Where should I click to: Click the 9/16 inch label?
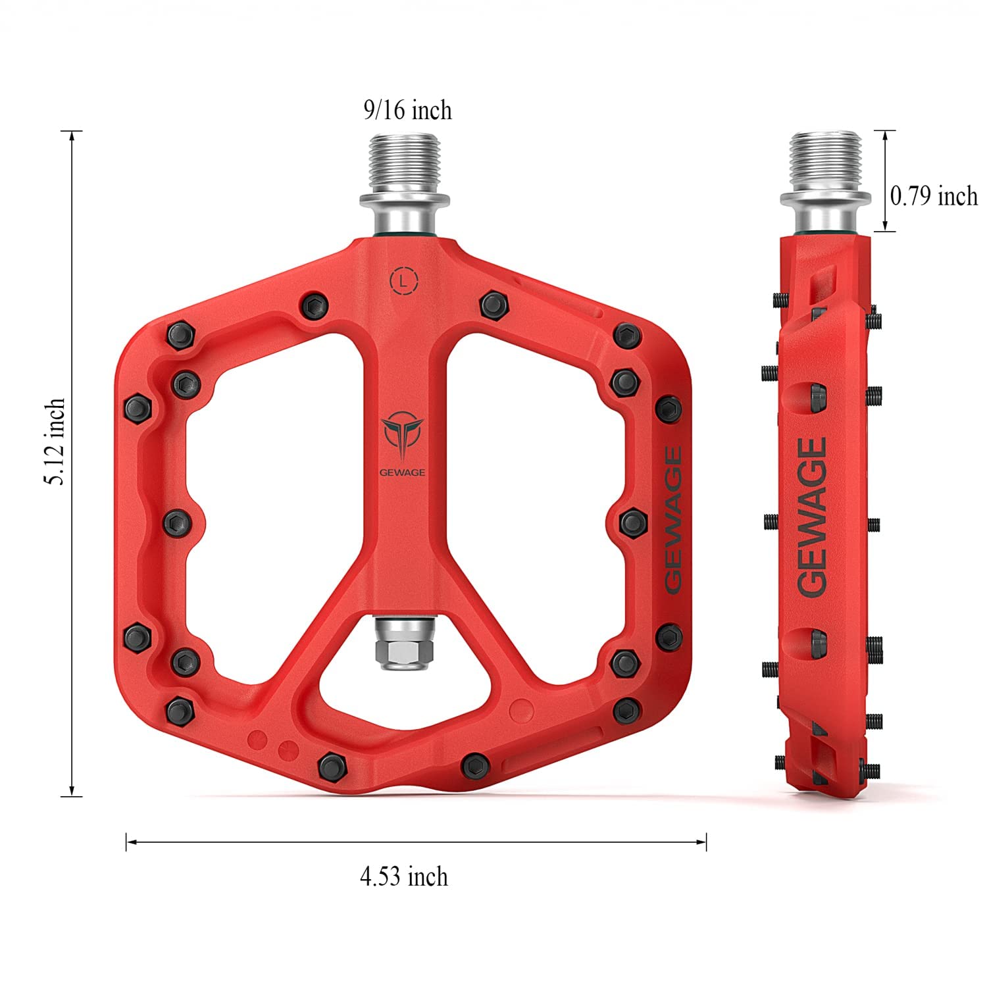coord(408,110)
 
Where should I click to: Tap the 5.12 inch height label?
coord(55,441)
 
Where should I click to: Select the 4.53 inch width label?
coord(403,876)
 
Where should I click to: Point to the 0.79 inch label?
coord(933,195)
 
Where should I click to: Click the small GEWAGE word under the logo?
coord(402,472)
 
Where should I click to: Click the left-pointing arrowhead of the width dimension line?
coord(130,841)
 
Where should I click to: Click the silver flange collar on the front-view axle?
coord(403,199)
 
